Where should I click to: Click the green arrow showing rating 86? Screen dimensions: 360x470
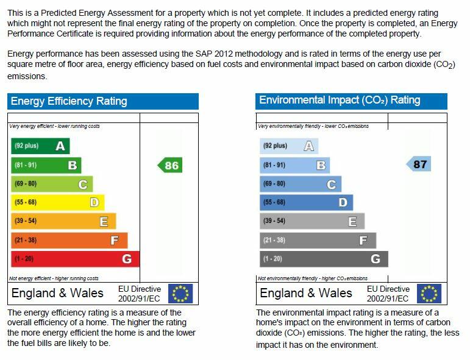pyautogui.click(x=170, y=165)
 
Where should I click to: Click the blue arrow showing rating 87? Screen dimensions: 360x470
pyautogui.click(x=419, y=164)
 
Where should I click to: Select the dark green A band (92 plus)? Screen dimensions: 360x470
pyautogui.click(x=40, y=146)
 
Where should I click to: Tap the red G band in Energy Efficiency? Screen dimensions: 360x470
pyautogui.click(x=75, y=259)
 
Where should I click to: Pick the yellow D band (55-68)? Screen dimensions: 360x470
pyautogui.click(x=57, y=202)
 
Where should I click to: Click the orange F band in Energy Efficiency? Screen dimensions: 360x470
pyautogui.click(x=69, y=240)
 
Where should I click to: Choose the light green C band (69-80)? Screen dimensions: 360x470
pyautogui.click(x=52, y=184)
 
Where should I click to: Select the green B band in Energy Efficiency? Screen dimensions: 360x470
pyautogui.click(x=46, y=165)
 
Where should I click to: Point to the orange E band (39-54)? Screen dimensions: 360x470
pyautogui.click(x=63, y=221)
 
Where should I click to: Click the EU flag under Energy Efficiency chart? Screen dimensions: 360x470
pyautogui.click(x=180, y=293)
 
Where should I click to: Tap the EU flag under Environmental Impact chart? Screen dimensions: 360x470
pyautogui.click(x=429, y=293)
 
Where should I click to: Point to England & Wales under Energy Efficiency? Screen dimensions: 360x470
pyautogui.click(x=57, y=293)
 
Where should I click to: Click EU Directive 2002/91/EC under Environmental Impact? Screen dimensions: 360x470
pyautogui.click(x=388, y=294)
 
